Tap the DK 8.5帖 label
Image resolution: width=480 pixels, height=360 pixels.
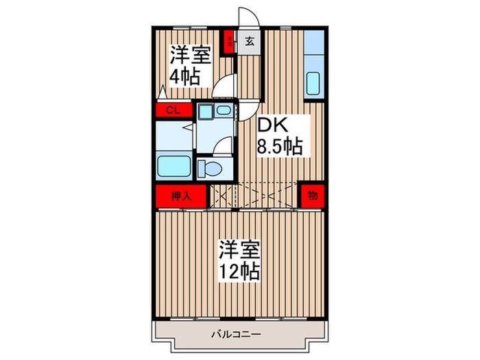[280, 136]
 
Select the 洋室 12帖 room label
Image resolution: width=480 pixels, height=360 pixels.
[239, 260]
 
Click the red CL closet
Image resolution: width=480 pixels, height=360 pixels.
[173, 110]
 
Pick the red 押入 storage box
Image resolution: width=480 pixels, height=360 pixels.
[180, 195]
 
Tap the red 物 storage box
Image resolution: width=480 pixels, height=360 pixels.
[312, 195]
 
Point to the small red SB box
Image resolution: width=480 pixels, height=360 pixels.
[229, 43]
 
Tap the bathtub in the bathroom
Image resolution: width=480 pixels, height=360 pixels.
[174, 167]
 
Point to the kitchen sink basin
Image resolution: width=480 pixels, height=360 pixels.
[314, 83]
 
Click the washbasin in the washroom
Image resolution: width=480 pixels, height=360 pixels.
[223, 111]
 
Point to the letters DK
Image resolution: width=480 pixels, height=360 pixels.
[272, 125]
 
